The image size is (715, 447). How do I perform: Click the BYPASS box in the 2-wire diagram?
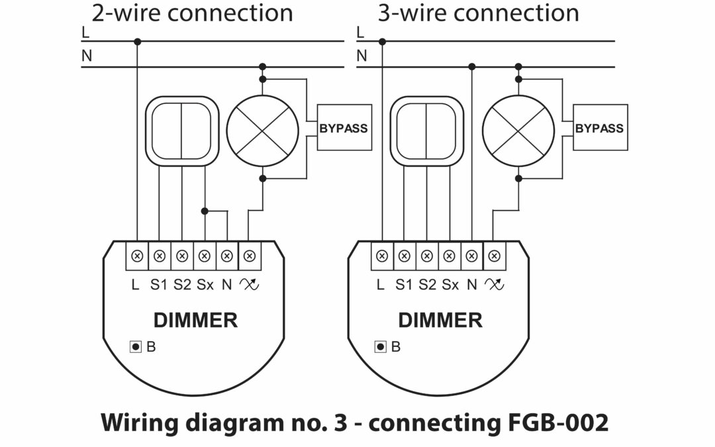click(344, 128)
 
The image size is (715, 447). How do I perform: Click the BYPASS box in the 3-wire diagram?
click(599, 128)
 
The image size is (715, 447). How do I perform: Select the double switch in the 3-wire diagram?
click(426, 130)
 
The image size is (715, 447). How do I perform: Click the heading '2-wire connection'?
click(192, 13)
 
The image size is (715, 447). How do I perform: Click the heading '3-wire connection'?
click(478, 13)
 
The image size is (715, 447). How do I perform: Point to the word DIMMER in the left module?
click(195, 321)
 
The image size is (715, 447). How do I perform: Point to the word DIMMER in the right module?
click(440, 321)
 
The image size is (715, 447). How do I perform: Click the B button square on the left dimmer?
click(136, 346)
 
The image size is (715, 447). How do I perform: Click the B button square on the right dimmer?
click(381, 346)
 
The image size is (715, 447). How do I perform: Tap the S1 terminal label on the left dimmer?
click(159, 285)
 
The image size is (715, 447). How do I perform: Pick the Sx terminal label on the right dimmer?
click(450, 285)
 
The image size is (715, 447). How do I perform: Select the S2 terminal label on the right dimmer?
click(427, 285)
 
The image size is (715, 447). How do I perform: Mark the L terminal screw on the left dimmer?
click(137, 256)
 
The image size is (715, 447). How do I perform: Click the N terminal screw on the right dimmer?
click(472, 256)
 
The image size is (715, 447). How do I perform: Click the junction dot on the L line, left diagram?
click(137, 42)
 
